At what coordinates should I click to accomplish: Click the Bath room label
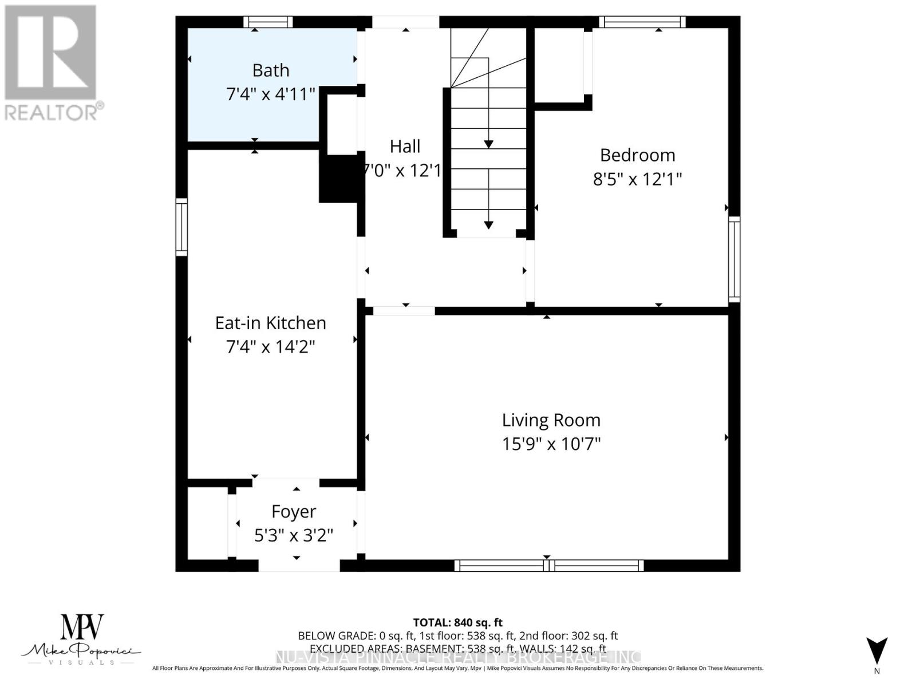tap(270, 70)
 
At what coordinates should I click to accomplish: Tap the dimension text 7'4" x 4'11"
tap(270, 94)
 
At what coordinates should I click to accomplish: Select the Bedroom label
tap(637, 155)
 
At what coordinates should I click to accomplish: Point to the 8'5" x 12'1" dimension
tap(637, 179)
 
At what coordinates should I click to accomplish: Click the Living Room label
tap(551, 420)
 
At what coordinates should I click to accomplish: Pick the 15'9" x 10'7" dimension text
tap(551, 444)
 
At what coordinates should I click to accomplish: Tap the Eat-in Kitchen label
tap(270, 323)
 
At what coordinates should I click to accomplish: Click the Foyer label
tap(294, 511)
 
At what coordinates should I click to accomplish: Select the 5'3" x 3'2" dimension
tap(294, 535)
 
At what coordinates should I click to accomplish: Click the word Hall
tap(405, 147)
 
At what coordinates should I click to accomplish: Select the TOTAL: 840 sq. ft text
tap(457, 622)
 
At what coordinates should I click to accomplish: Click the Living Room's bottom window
tap(549, 566)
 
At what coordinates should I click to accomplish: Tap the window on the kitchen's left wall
tap(181, 227)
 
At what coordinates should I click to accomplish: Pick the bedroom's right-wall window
tap(734, 259)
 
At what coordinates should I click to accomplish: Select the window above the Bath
tap(268, 22)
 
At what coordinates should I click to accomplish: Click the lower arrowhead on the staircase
tap(488, 225)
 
